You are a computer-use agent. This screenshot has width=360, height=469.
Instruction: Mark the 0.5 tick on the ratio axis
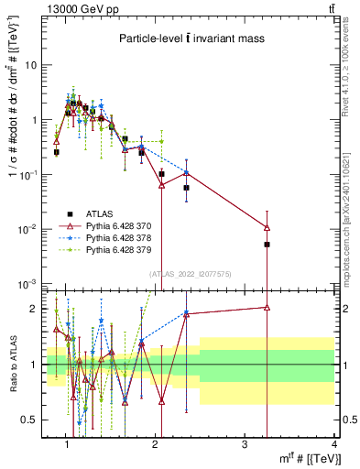point(31,420)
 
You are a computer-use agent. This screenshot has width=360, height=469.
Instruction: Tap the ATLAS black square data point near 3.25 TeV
point(267,245)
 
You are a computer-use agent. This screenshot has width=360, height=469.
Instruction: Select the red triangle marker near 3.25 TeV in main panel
point(267,227)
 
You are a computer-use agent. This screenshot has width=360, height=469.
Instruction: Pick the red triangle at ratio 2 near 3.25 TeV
point(267,308)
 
